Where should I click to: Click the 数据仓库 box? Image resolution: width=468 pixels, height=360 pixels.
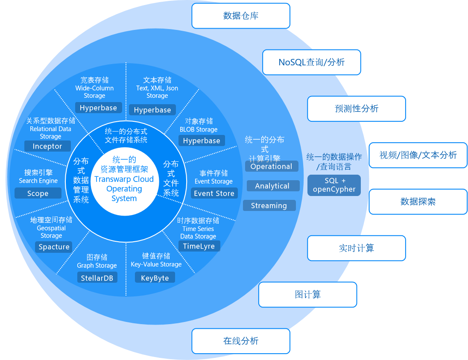[x=241, y=16]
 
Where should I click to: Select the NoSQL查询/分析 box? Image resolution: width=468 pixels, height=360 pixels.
[x=312, y=62]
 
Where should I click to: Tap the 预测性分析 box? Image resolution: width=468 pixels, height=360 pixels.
[x=357, y=108]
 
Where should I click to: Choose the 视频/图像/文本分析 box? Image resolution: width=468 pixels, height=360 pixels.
[x=418, y=155]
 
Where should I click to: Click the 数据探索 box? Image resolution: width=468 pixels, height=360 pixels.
[x=418, y=202]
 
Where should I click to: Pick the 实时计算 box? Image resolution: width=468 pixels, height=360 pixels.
[x=357, y=248]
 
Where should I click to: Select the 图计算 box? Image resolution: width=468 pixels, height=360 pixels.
[x=308, y=295]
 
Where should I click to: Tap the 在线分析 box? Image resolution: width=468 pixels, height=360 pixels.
[x=241, y=341]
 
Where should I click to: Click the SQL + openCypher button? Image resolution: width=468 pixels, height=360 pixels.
[x=334, y=185]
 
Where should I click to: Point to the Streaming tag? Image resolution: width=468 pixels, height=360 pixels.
[x=269, y=205]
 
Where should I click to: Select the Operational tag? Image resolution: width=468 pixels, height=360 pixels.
[x=272, y=166]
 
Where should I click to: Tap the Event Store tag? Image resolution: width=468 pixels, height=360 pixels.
[x=214, y=193]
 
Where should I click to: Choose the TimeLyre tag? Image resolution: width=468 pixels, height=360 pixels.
[x=199, y=246]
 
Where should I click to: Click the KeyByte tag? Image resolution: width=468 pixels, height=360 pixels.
[x=155, y=278]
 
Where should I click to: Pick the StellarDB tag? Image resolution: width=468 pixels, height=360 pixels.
[x=97, y=278]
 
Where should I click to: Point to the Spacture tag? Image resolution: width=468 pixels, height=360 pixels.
[x=54, y=247]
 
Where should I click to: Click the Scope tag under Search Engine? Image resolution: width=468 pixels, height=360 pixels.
[x=38, y=193]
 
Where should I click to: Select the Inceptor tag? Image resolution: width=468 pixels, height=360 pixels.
[x=47, y=146]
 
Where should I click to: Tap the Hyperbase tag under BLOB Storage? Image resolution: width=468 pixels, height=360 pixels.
[x=202, y=140]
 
